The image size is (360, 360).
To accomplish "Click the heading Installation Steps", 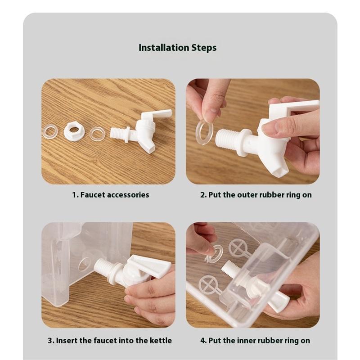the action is click(177, 48).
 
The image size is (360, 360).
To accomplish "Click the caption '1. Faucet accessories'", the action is click(111, 195).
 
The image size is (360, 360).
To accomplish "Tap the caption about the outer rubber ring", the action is click(256, 195).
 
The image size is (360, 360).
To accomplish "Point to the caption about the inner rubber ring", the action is click(255, 340).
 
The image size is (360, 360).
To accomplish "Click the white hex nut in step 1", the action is click(74, 130).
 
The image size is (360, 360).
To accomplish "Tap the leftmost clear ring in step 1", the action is click(50, 131).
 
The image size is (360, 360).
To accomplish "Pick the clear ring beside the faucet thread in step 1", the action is click(97, 134).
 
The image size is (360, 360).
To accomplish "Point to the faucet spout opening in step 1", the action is click(152, 149).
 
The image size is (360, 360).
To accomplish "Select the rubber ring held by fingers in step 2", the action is click(204, 133).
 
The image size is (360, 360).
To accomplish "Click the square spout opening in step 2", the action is click(280, 171).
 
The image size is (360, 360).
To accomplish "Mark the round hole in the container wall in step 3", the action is click(85, 264).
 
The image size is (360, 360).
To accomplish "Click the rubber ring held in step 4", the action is click(215, 254).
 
